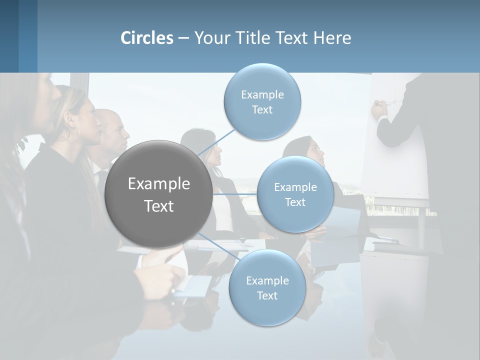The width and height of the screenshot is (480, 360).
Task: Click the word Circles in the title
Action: tap(147, 38)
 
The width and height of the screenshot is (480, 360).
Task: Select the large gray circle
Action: tap(158, 194)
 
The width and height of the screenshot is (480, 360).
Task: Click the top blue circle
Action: tap(262, 101)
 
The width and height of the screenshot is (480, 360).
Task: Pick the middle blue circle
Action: tap(295, 194)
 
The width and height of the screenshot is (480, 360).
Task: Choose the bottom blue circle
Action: tap(267, 287)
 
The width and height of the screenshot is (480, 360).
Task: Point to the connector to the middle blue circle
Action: tap(235, 194)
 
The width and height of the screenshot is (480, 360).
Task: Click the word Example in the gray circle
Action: tap(158, 184)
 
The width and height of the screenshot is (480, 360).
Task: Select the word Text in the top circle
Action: tap(262, 109)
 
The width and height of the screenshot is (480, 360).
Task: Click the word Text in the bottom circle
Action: tap(267, 295)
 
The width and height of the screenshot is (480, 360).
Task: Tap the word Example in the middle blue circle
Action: tap(295, 187)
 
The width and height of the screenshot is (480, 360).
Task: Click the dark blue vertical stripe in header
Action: tap(27, 36)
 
